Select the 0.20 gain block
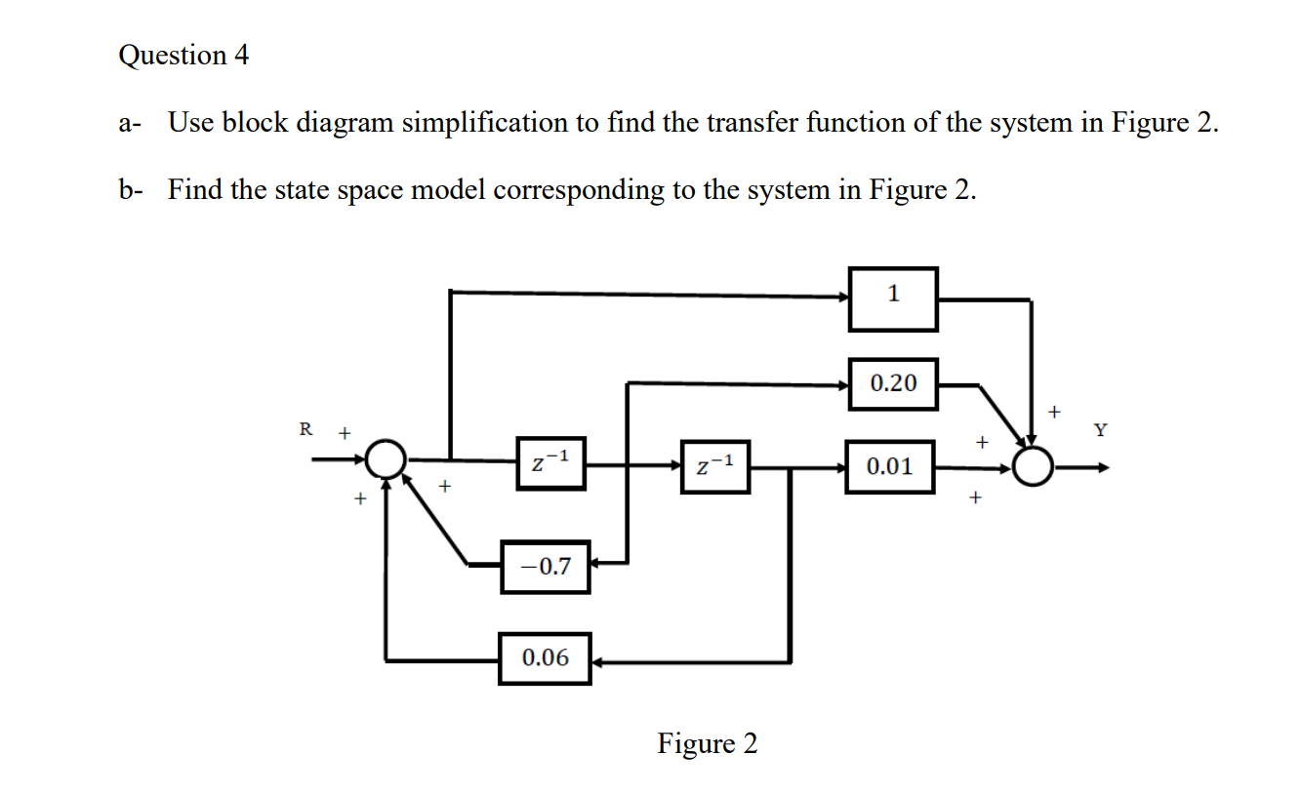pyautogui.click(x=893, y=383)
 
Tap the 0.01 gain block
pyautogui.click(x=891, y=466)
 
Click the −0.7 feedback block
pyautogui.click(x=546, y=566)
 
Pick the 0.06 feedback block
pyautogui.click(x=545, y=657)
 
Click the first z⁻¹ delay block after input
pyautogui.click(x=551, y=463)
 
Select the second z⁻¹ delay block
pyautogui.click(x=715, y=465)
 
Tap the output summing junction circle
pyautogui.click(x=1034, y=466)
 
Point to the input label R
pyautogui.click(x=305, y=428)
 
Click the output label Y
pyautogui.click(x=1101, y=429)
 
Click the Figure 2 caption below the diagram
pyautogui.click(x=707, y=744)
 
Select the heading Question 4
pyautogui.click(x=183, y=56)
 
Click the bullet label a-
pyautogui.click(x=131, y=124)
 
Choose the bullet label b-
pyautogui.click(x=131, y=189)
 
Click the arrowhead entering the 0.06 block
pyautogui.click(x=599, y=662)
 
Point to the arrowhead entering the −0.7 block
pyautogui.click(x=597, y=563)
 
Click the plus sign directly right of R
pyautogui.click(x=344, y=430)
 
